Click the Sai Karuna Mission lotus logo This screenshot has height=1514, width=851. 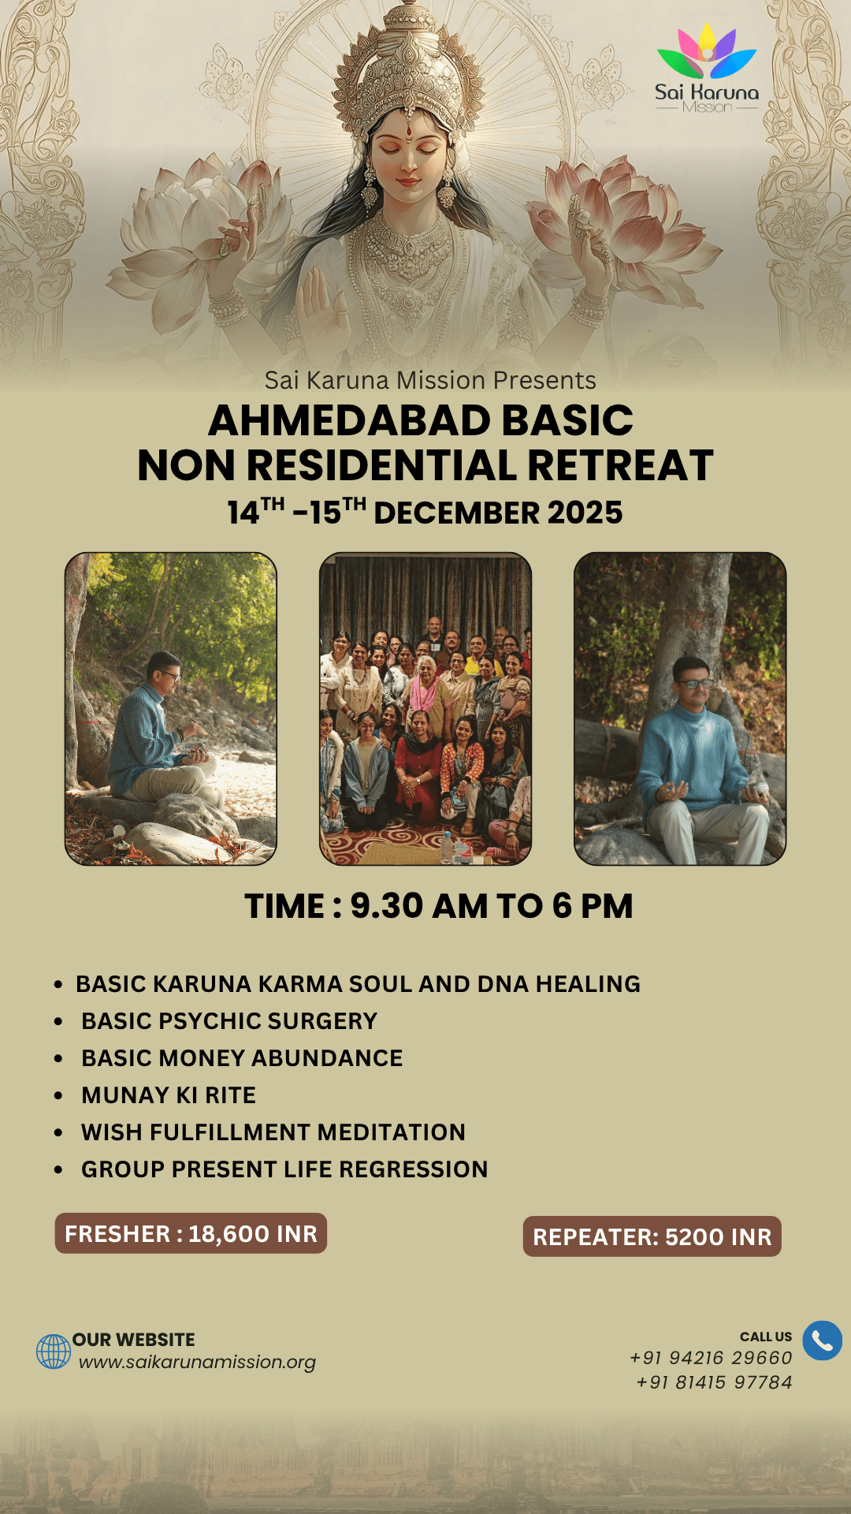pos(707,69)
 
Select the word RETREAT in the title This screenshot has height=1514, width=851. pos(620,465)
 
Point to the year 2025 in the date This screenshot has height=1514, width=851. pos(585,513)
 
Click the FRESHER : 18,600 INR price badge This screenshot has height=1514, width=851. pos(191,1233)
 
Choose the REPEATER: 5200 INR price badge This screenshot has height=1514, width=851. pos(652,1236)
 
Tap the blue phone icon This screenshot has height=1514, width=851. pos(822,1341)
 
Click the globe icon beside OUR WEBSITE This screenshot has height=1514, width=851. pos(54,1352)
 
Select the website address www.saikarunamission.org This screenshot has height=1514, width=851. pos(197,1362)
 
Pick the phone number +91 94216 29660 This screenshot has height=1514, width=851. pos(711,1358)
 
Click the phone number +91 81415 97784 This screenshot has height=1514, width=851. pos(714,1382)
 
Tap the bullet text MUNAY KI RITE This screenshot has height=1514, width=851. pos(169,1095)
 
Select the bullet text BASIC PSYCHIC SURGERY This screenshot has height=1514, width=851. pos(229,1021)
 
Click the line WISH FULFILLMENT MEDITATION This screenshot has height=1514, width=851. pos(273,1132)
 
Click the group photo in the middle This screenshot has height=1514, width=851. pos(425,709)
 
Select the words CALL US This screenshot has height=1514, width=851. pos(766,1337)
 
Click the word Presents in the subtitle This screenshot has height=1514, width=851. pos(544,380)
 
